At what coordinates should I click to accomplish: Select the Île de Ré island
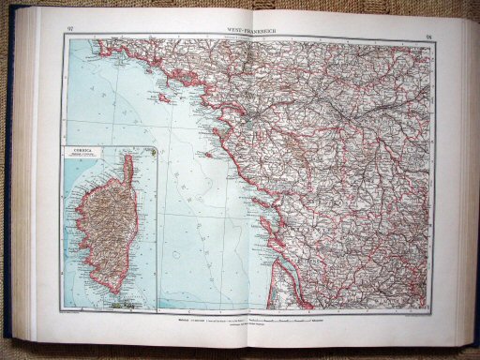point(238,180)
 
